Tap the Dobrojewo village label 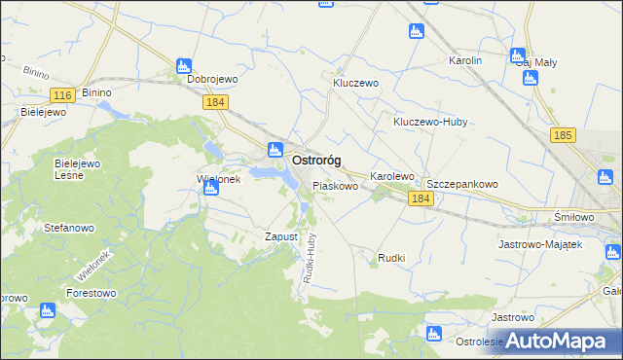click(213, 80)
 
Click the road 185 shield click(562, 136)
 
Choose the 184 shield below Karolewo click(420, 198)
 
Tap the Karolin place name click(465, 60)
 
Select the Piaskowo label click(335, 184)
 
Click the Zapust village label click(280, 236)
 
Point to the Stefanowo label click(68, 228)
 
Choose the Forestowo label click(92, 291)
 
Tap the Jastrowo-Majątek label click(539, 244)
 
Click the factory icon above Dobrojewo click(184, 65)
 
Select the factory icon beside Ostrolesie click(434, 335)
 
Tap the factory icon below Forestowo click(47, 311)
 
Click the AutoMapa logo click(559, 340)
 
